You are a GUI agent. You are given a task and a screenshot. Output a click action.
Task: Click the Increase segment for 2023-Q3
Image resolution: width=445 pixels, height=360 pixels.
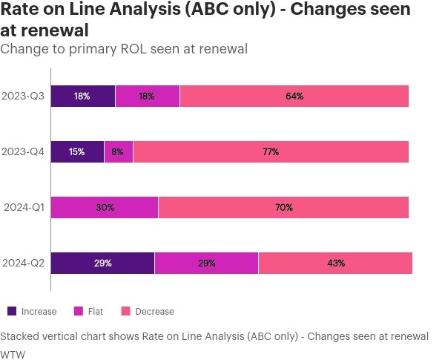pos(82,96)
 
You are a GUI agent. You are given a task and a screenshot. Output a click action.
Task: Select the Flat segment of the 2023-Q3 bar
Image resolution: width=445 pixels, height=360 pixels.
pos(148,96)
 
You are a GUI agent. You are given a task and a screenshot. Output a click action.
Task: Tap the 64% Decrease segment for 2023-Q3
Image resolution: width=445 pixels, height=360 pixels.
pos(294,96)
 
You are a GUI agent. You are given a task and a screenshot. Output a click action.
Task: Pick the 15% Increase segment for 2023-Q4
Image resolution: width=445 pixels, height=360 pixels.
pos(77,151)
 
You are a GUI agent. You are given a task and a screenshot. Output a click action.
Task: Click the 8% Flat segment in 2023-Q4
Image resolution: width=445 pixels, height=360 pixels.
pos(119,151)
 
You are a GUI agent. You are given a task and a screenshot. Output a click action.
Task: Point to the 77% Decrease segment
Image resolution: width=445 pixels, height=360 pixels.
pos(271,151)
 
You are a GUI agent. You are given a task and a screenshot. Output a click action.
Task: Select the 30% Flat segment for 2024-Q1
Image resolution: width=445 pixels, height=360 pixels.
pos(105,207)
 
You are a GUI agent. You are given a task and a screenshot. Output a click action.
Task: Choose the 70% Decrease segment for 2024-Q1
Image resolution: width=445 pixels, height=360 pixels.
pos(283,207)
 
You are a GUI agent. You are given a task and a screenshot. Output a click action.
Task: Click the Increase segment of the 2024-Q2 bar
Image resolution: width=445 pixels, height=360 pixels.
pos(102,263)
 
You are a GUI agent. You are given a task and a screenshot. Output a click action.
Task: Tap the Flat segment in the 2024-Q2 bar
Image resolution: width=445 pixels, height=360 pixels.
pos(206,263)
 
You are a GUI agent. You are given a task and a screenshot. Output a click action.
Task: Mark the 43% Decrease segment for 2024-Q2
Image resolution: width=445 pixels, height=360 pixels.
pos(335,263)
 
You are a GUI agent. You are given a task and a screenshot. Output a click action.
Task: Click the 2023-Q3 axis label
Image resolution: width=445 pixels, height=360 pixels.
pos(23,96)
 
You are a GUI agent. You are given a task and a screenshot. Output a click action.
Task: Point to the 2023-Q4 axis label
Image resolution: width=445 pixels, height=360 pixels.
pos(23,151)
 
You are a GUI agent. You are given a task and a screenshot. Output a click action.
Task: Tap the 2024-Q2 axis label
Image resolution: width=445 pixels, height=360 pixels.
pos(23,263)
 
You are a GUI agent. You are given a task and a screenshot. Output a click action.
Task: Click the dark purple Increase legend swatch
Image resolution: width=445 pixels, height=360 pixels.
pos(12,311)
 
